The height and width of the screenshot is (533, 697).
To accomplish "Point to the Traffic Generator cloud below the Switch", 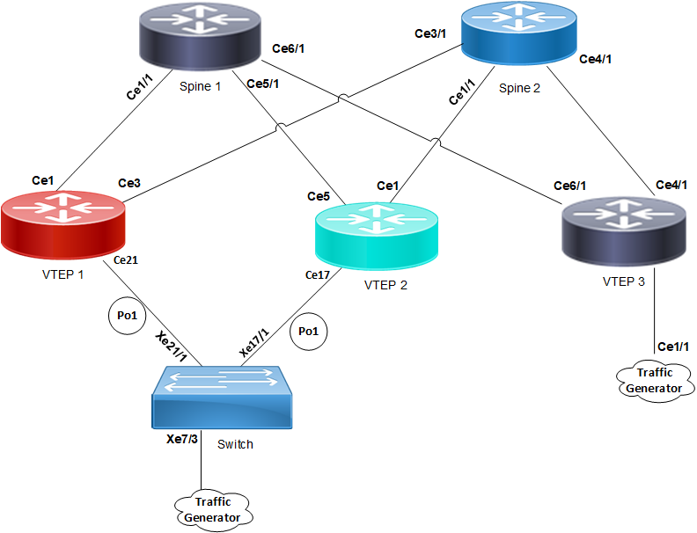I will [213, 509].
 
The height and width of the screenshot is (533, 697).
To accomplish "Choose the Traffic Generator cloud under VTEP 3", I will [656, 380].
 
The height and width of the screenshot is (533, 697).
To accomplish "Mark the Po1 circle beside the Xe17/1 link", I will [308, 331].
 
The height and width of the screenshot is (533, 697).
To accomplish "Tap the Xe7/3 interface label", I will [183, 437].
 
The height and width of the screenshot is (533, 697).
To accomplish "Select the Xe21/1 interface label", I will [172, 347].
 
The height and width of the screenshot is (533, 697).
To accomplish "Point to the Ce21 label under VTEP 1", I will [126, 261].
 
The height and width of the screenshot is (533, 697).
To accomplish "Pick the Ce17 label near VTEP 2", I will [318, 275].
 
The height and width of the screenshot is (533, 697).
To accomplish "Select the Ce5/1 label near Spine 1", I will [263, 84].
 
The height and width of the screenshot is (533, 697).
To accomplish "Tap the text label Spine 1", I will [201, 86].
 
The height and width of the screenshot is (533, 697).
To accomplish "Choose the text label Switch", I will [235, 444].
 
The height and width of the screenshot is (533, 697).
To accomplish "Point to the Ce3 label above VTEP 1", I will [129, 184].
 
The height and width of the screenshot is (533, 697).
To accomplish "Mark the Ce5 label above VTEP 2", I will [319, 195].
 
